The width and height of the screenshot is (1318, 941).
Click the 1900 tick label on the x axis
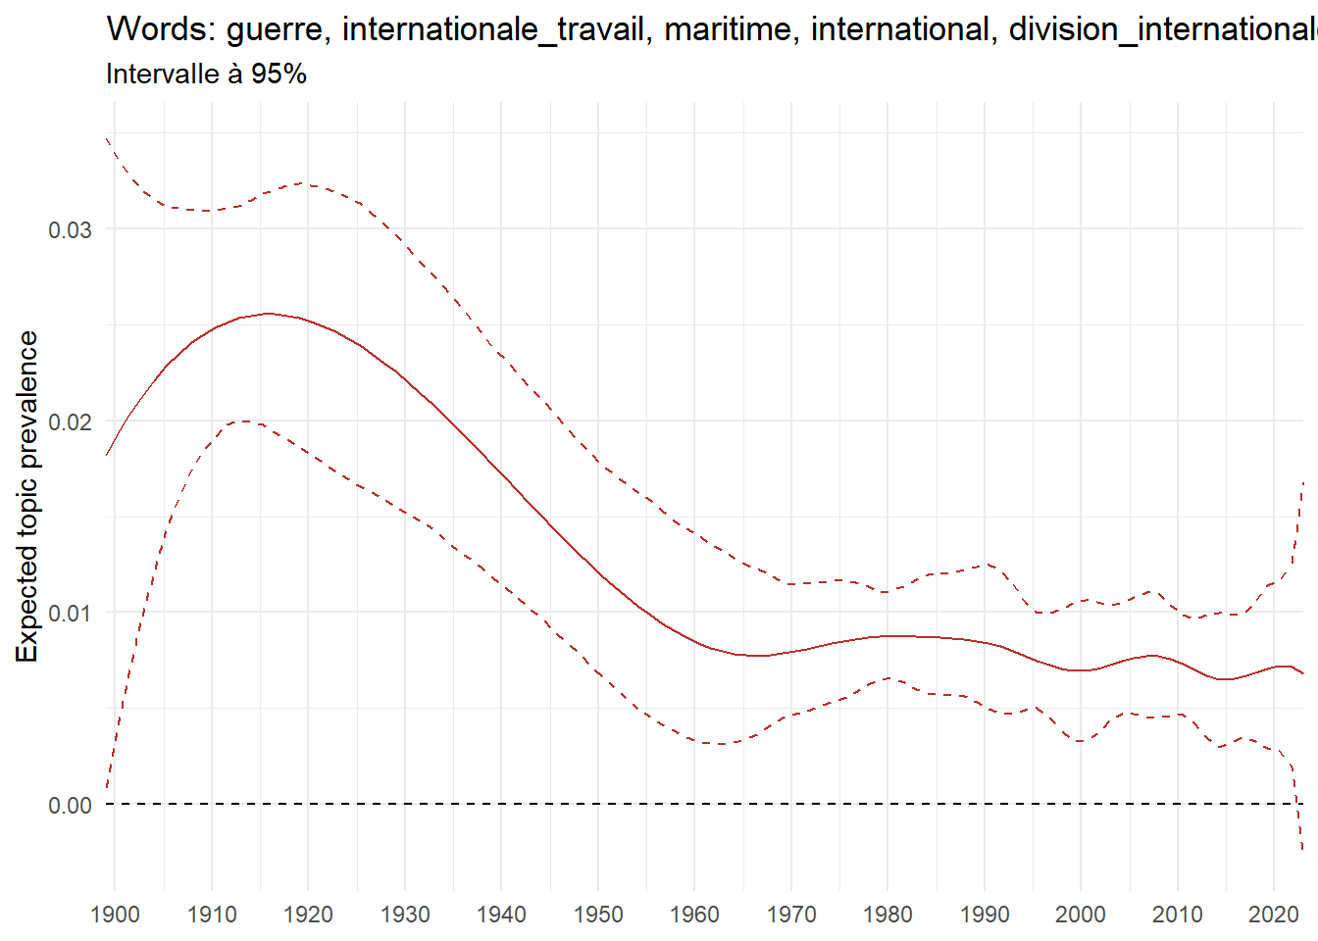point(115,916)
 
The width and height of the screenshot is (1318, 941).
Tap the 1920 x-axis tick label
point(308,916)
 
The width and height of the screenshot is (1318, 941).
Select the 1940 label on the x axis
point(501,916)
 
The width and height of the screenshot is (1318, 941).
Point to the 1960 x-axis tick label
point(694,916)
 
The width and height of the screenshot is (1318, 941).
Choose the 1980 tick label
point(887,916)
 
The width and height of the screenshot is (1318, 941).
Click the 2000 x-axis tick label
point(1081,916)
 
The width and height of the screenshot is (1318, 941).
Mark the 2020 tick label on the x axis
point(1273,916)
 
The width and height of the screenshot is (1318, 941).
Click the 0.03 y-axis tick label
point(70,229)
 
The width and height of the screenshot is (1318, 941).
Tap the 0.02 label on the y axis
point(70,421)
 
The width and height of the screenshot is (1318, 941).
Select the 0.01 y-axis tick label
point(70,614)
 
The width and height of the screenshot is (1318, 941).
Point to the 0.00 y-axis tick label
point(70,806)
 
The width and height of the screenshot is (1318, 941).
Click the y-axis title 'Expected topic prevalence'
point(27,497)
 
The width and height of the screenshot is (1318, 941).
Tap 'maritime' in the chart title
point(727,30)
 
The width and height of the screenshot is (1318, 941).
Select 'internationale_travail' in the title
point(494,30)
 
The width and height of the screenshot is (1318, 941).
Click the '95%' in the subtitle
point(279,74)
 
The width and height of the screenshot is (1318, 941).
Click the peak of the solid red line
point(268,314)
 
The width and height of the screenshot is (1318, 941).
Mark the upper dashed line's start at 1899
point(107,138)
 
